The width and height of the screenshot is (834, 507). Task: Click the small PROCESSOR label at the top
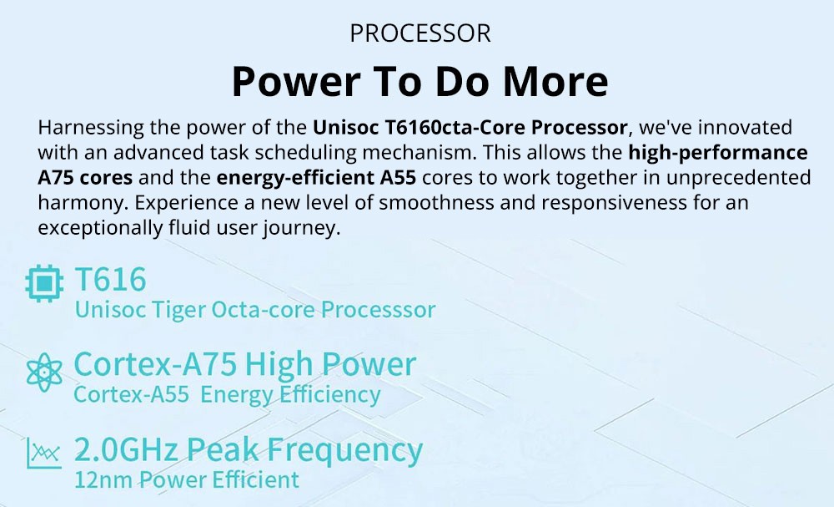420,33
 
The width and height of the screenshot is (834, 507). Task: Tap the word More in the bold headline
555,81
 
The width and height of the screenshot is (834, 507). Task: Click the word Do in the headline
462,81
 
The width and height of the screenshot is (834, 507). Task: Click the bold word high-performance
718,152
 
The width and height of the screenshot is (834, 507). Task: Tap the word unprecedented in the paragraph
739,177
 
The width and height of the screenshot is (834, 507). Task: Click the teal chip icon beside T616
45,283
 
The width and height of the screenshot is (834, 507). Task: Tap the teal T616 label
110,279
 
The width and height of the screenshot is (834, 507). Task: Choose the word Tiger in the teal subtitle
178,310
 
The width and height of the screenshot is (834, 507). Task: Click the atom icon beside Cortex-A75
44,373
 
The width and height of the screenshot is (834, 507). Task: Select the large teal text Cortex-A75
155,364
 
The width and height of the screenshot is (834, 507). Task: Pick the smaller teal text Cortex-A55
132,394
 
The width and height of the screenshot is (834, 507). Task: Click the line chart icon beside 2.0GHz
44,454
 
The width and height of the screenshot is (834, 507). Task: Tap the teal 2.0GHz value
126,449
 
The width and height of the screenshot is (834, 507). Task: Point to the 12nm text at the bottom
103,479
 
